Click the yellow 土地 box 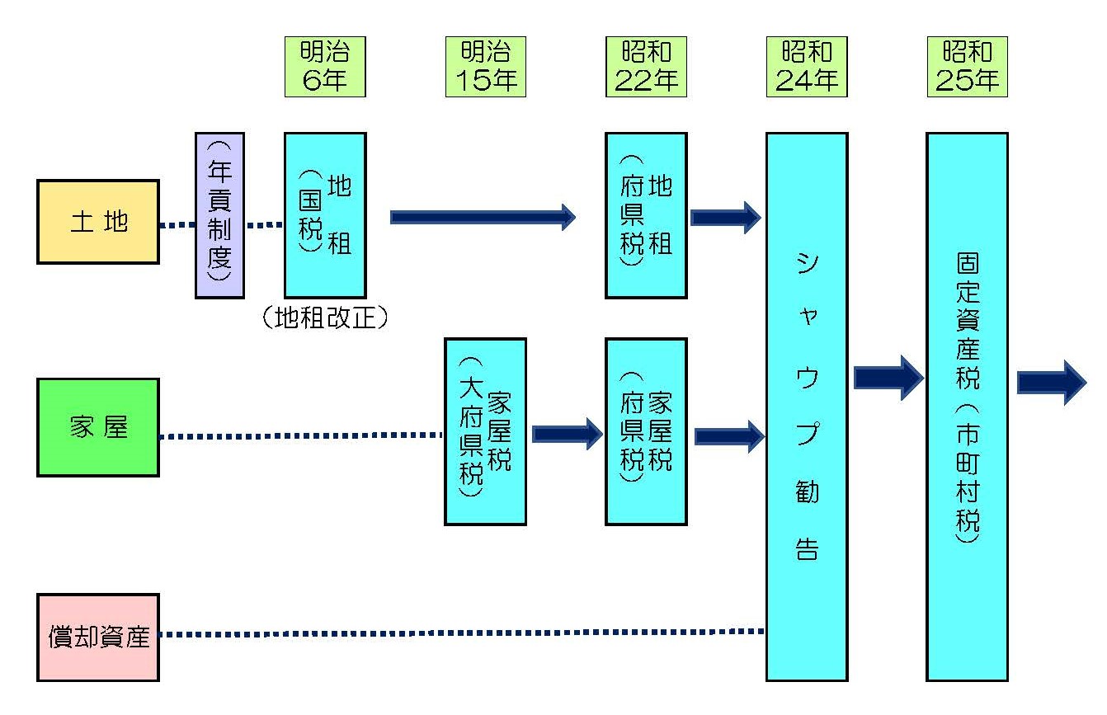(98, 222)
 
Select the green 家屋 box (98, 427)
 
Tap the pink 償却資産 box (98, 637)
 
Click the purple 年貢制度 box (219, 214)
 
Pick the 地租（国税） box (325, 214)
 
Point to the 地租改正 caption (324, 318)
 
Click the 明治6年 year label (325, 67)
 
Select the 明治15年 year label (485, 67)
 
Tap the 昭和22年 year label (646, 67)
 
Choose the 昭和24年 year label (807, 67)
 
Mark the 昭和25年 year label (967, 67)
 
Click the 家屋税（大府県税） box (485, 431)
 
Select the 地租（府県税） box (646, 214)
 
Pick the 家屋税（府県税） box (646, 431)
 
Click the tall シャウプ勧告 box (807, 407)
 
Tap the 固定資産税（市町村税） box (967, 407)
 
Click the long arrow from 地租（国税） (483, 217)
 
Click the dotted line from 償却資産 (462, 633)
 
